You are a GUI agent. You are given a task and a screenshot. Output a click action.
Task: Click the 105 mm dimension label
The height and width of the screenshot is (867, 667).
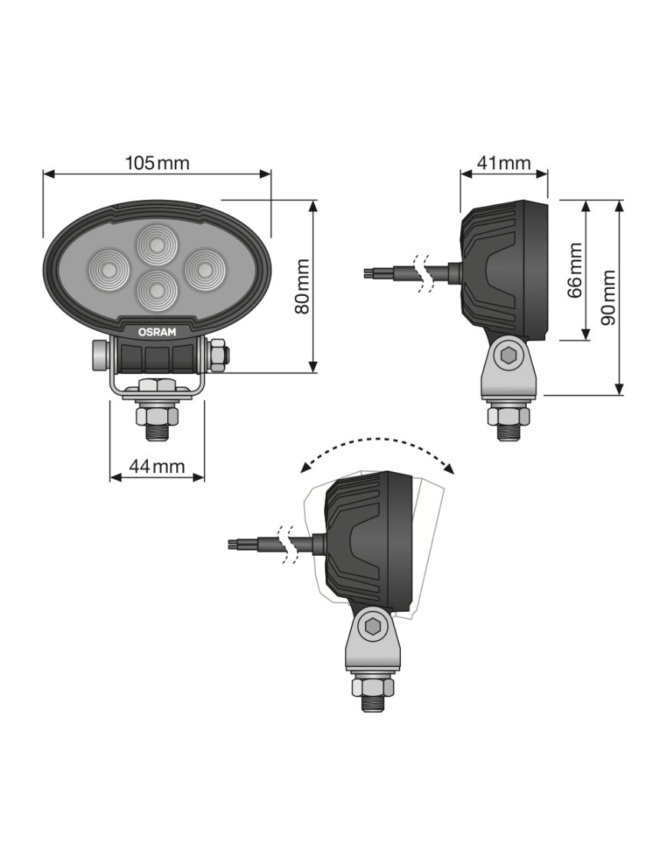(x=157, y=163)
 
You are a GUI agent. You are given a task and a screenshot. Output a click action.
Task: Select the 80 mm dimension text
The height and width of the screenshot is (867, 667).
(x=302, y=286)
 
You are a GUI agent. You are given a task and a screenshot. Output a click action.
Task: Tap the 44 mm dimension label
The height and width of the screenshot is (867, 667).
(x=157, y=466)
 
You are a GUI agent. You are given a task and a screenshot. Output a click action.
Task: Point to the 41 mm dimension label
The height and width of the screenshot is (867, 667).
(x=504, y=163)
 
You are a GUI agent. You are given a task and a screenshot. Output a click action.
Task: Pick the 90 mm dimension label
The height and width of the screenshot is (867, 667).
(x=608, y=297)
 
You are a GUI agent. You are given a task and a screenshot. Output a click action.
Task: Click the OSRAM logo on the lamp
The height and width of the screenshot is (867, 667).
(x=156, y=332)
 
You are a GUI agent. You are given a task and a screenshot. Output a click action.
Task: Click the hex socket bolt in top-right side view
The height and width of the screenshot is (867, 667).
(x=508, y=356)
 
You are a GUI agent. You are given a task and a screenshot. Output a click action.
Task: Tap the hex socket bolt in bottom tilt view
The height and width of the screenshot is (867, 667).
(x=373, y=627)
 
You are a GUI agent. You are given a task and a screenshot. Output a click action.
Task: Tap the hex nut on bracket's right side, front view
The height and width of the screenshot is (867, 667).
(x=217, y=355)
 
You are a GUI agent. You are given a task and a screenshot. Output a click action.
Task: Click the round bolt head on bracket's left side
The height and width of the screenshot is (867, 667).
(x=97, y=355)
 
